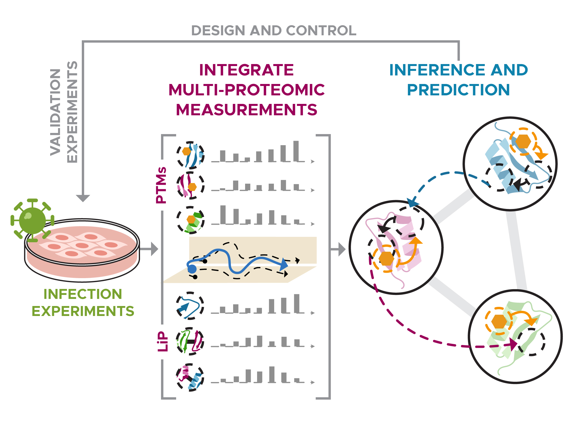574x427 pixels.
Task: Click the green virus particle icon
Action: pos(32,220)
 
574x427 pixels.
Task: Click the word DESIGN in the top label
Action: pos(218,30)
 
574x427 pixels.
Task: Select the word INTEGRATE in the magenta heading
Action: pos(246,70)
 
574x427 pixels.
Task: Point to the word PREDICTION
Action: pos(458,90)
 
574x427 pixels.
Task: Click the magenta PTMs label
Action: pos(161,185)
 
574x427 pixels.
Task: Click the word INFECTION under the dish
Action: pos(83,294)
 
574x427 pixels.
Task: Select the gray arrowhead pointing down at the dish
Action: pos(83,198)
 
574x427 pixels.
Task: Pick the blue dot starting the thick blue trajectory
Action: pos(192,269)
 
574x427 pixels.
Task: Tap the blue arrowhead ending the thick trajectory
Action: pos(283,264)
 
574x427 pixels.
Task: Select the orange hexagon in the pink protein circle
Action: pos(386,258)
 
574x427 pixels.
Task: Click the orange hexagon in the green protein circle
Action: pos(499,321)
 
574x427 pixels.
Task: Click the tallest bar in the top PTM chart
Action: pos(296,151)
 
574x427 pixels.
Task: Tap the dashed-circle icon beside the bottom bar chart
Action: pos(190,377)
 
